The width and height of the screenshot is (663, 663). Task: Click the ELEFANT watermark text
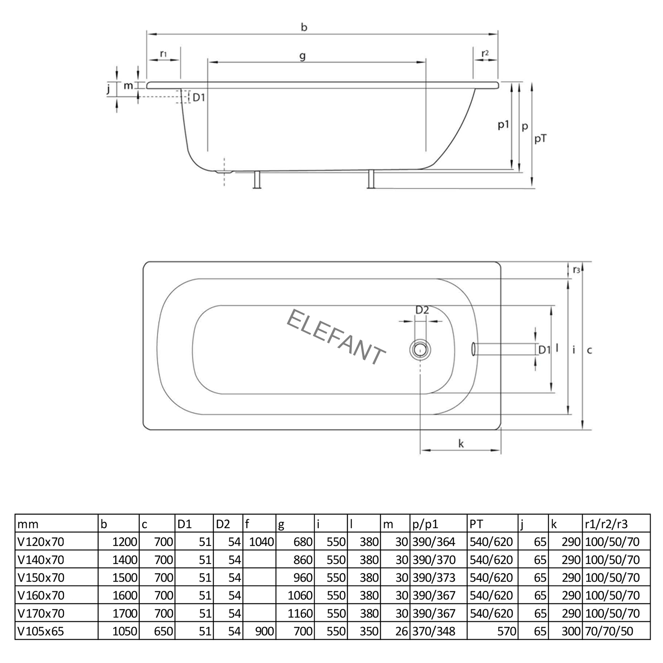[336, 337]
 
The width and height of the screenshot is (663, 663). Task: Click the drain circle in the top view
[420, 349]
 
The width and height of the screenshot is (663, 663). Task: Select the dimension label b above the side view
[304, 27]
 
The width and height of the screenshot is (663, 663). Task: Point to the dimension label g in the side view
[302, 57]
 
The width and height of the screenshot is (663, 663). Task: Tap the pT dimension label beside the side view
[541, 139]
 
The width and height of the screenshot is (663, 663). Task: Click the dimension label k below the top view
[461, 443]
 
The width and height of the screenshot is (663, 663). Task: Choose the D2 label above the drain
[422, 310]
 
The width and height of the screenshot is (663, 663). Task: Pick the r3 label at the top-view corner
[576, 270]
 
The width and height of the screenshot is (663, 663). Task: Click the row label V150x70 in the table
[41, 578]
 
